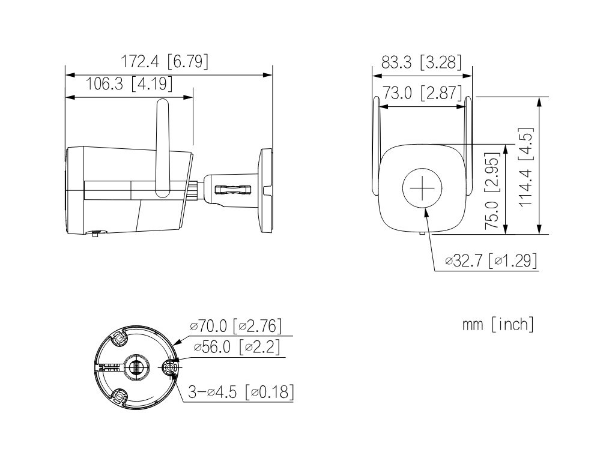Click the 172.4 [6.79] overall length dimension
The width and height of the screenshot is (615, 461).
tap(164, 61)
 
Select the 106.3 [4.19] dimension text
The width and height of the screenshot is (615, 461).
tap(129, 83)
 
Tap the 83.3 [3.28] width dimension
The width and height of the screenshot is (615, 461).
tap(421, 62)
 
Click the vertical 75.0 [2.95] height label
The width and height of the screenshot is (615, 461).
tap(492, 191)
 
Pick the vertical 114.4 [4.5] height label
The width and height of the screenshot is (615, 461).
tap(526, 167)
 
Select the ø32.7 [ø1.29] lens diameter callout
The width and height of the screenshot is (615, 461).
tap(491, 261)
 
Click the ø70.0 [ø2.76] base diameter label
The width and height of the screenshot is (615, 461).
tap(235, 325)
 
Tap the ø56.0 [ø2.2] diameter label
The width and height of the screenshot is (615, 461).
tap(237, 347)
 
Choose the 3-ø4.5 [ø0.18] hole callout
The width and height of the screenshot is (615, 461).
tap(241, 391)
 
